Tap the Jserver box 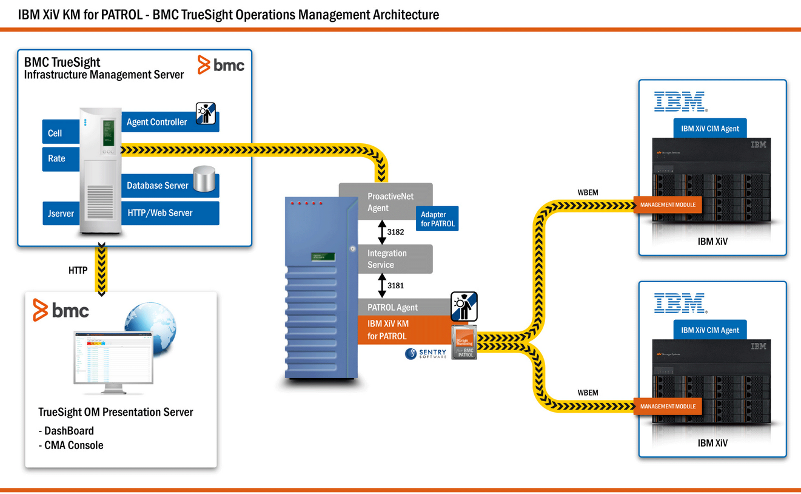[61, 214]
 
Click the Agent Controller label [156, 122]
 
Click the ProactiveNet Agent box [385, 202]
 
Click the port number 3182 [395, 232]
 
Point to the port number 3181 [395, 285]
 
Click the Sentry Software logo [426, 353]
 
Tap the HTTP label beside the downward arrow [78, 271]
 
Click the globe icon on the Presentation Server [150, 322]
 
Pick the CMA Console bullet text [70, 445]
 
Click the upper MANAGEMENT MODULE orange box [668, 205]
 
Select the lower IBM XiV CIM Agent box [710, 330]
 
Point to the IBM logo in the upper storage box [680, 101]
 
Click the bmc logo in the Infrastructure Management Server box [221, 65]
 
